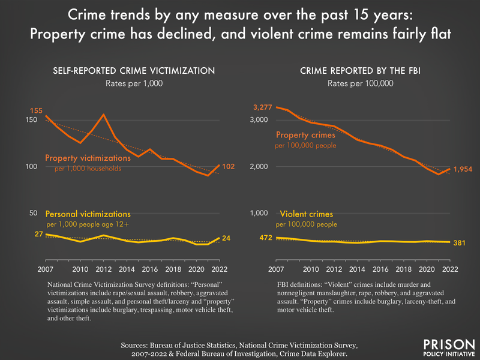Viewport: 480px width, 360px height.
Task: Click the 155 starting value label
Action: tap(37, 110)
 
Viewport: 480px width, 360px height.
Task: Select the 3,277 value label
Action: tap(263, 107)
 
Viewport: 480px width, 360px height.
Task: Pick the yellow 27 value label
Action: tap(38, 234)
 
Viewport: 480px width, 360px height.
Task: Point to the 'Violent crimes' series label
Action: tap(306, 214)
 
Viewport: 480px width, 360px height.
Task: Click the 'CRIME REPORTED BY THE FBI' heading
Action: tap(360, 71)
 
